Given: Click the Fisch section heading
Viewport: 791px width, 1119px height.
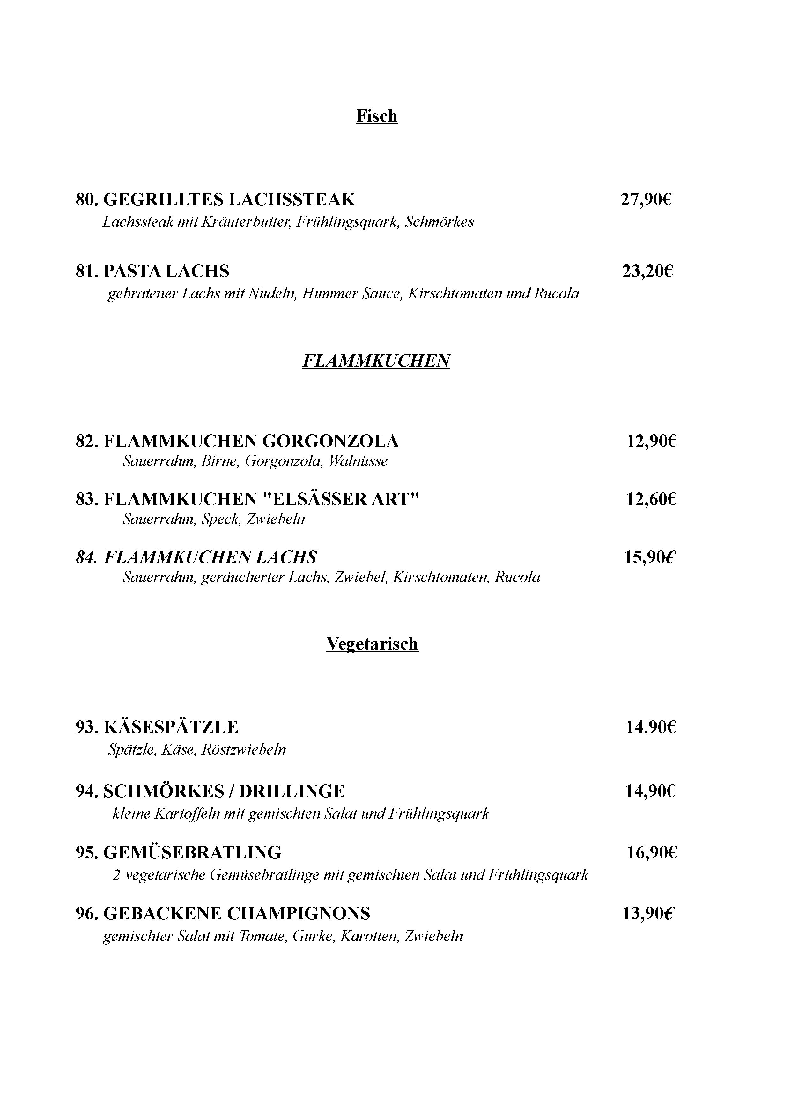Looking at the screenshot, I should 377,116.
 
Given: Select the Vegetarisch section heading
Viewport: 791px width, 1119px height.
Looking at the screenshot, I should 372,644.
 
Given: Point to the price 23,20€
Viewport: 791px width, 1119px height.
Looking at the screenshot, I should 647,271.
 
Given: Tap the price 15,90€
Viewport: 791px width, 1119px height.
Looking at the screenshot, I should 650,557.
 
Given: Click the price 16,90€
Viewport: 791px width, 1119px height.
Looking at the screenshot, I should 652,852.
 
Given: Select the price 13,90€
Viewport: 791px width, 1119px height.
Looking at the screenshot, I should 648,913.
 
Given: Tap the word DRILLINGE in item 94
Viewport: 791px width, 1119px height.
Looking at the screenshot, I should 292,791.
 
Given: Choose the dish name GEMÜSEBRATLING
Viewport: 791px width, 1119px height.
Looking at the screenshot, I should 193,852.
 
